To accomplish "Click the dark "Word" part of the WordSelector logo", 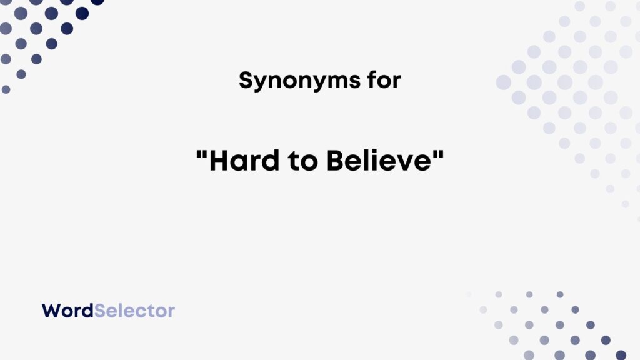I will pos(67,311).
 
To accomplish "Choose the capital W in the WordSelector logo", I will pos(50,311).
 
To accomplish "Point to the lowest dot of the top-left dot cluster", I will pos(6,89).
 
